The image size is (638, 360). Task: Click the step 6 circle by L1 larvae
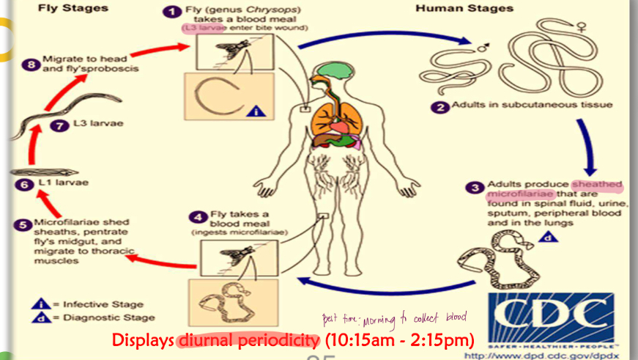point(23,186)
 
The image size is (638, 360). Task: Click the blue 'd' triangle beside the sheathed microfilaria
point(545,237)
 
